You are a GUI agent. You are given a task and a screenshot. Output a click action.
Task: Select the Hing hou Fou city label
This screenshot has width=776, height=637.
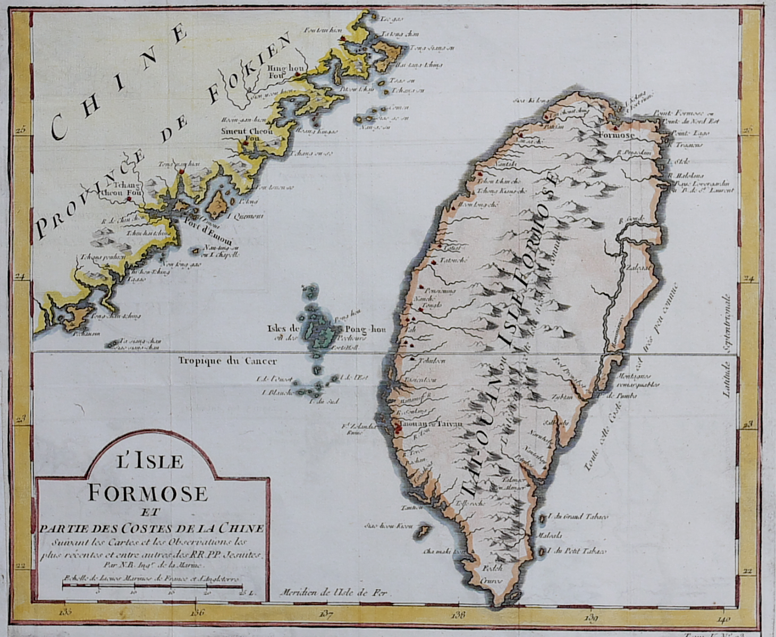[280, 72]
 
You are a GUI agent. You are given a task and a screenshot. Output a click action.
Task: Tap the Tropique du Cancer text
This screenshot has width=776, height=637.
[227, 361]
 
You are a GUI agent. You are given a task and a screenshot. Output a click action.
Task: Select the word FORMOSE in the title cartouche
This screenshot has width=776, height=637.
[147, 493]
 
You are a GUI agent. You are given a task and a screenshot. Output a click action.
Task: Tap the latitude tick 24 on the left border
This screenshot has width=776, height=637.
[21, 276]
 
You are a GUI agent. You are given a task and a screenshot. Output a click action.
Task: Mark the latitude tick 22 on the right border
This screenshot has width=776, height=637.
[748, 572]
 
